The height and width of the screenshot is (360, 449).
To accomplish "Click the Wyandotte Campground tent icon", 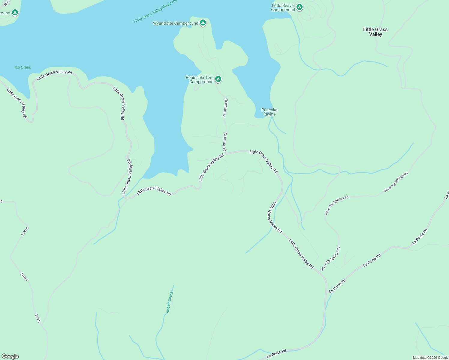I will click(x=203, y=22).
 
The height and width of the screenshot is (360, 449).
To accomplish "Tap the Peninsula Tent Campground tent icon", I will click(x=218, y=79).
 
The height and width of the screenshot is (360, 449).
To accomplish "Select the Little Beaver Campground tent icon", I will click(x=299, y=7).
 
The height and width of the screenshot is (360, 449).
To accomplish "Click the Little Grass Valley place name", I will click(x=375, y=32).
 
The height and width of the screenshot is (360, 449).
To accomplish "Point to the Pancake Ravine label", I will click(x=269, y=112).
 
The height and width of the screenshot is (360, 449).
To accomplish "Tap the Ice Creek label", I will click(x=23, y=67).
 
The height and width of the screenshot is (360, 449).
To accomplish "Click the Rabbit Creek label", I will click(x=170, y=302).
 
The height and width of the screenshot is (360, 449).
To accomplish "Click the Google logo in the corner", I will click(x=10, y=356).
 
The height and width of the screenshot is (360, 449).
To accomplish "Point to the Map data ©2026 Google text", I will click(x=430, y=358).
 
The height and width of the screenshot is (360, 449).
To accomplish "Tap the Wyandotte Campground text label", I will click(x=176, y=23).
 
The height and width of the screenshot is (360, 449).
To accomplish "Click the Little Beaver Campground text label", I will click(x=283, y=7).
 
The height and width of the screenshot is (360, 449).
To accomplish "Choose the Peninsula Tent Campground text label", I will click(x=200, y=79).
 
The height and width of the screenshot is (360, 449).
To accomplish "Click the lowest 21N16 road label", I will click(x=38, y=319).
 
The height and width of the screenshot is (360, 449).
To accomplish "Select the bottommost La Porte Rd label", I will click(x=276, y=353).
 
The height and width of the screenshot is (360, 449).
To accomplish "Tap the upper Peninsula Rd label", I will click(x=225, y=108).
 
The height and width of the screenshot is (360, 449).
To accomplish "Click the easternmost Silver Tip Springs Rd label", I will click(x=396, y=182).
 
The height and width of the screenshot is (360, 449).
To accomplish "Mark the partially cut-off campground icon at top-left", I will click(x=15, y=13).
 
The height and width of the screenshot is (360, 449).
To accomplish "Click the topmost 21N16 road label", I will click(x=25, y=232).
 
